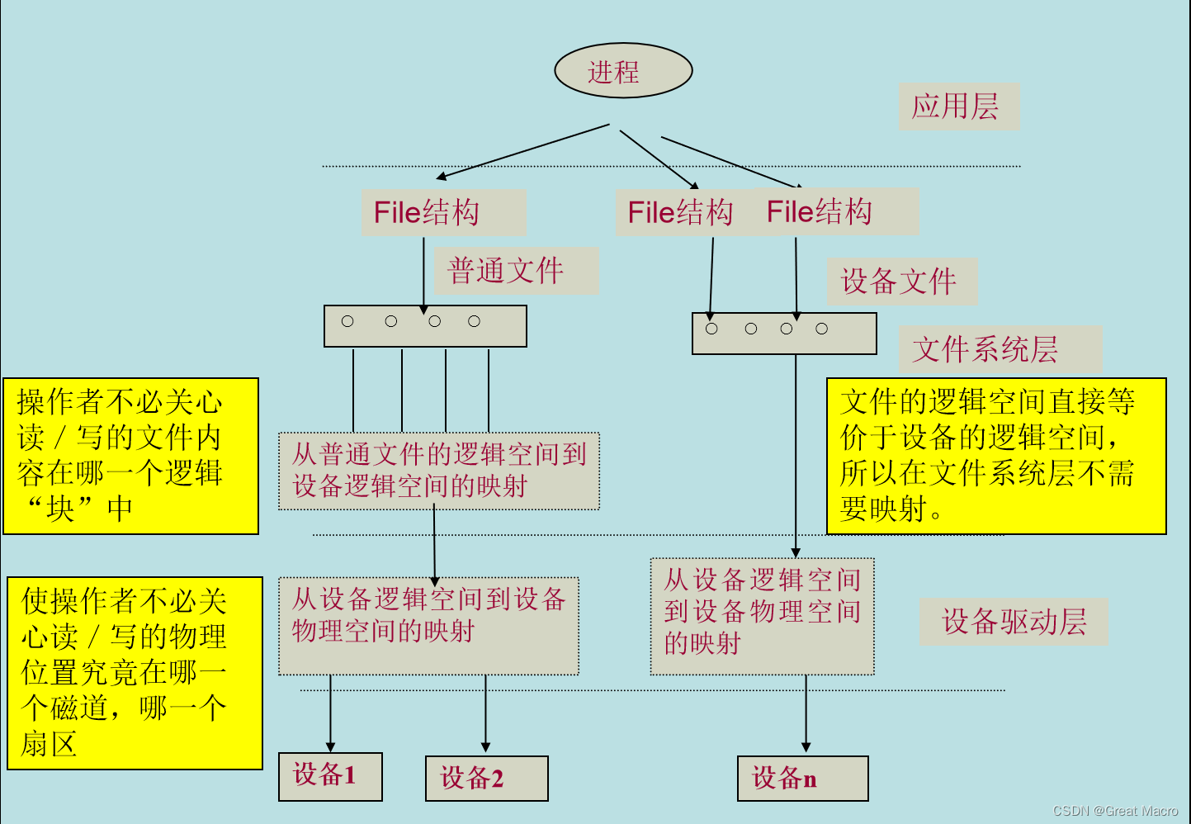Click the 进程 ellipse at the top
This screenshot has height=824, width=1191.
point(623,71)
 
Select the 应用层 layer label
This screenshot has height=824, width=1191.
point(957,106)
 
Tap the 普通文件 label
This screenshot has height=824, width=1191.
point(515,271)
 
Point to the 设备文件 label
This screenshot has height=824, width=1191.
point(901,282)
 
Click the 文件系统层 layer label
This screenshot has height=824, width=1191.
point(999,348)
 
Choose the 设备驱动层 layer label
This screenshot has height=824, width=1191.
point(1014,621)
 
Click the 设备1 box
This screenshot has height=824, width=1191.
point(330,776)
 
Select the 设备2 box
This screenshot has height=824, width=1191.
point(486,778)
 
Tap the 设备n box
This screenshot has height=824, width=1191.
point(802,778)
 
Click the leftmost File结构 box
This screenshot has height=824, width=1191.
point(442,212)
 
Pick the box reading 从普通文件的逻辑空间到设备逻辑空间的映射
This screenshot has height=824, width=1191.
point(438,471)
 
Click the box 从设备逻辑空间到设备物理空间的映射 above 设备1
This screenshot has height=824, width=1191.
point(428,626)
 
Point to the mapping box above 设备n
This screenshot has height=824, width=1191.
point(762,616)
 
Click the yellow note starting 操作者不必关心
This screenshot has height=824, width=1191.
point(131,456)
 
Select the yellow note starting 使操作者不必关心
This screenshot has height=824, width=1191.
point(135,673)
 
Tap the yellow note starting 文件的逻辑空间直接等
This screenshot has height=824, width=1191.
point(995,456)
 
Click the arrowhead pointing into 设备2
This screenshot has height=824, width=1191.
point(485,746)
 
